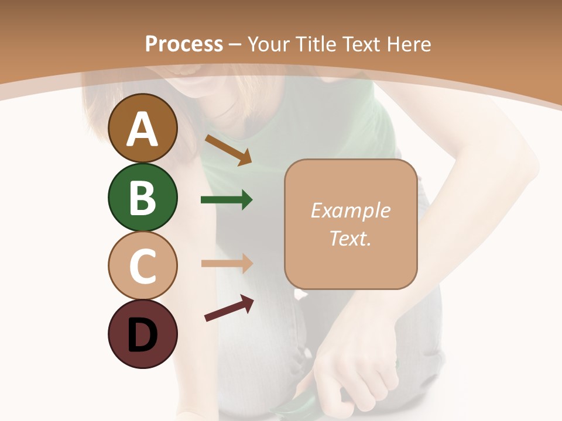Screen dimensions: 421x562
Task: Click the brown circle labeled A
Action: pyautogui.click(x=142, y=128)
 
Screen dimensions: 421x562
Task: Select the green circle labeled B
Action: pyautogui.click(x=142, y=197)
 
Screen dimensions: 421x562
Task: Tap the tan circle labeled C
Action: pyautogui.click(x=142, y=265)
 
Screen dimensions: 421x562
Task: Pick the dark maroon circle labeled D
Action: pyautogui.click(x=142, y=334)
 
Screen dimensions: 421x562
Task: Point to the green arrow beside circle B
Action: pyautogui.click(x=227, y=200)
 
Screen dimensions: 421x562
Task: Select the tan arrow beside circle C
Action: pyautogui.click(x=227, y=263)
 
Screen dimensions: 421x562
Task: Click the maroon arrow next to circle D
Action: pyautogui.click(x=229, y=308)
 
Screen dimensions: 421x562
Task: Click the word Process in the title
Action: pyautogui.click(x=184, y=44)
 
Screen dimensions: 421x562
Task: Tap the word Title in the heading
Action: pyautogui.click(x=315, y=44)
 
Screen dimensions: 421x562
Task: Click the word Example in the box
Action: pyautogui.click(x=350, y=210)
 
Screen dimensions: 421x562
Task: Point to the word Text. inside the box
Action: pyautogui.click(x=350, y=238)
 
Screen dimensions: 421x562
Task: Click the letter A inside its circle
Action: pyautogui.click(x=142, y=129)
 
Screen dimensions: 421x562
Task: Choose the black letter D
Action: pyautogui.click(x=142, y=335)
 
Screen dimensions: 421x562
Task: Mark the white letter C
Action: pyautogui.click(x=142, y=266)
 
